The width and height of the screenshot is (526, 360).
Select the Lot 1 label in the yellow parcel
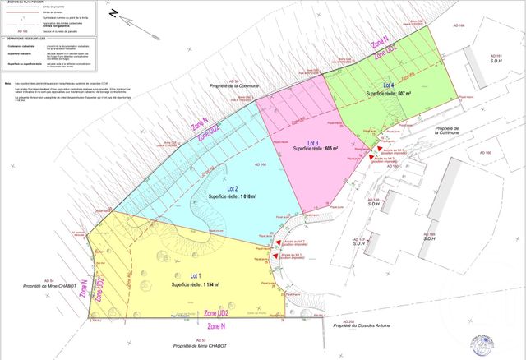coord(195,275)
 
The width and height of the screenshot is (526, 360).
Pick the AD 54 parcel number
coord(46,281)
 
